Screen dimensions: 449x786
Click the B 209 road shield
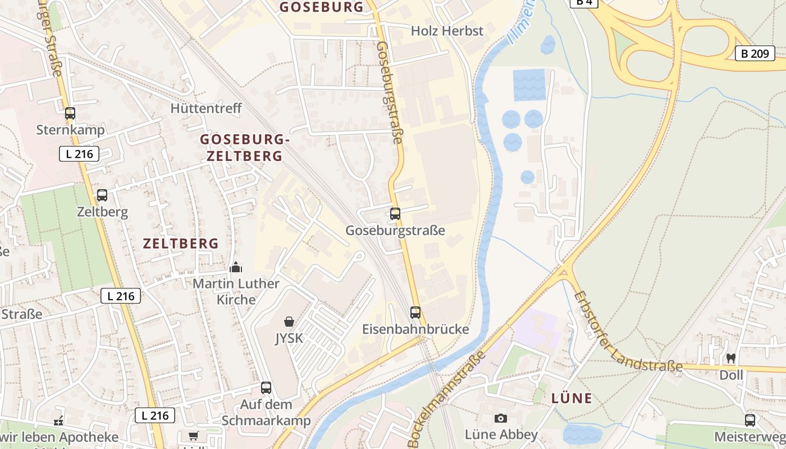755,54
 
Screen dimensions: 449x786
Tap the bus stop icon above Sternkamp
70,113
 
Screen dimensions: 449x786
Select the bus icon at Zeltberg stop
102,195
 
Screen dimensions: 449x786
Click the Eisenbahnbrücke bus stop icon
415,313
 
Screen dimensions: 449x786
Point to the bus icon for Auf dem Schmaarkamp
266,388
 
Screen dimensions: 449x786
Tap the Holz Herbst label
447,31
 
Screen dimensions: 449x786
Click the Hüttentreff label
206,108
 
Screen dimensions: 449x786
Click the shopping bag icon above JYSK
289,322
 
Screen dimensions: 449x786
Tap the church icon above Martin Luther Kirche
236,267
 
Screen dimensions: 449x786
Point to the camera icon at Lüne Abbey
501,418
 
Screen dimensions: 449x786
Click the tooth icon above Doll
731,358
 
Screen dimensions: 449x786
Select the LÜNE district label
572,398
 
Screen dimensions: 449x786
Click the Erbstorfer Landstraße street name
626,331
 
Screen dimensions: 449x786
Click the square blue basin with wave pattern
529,85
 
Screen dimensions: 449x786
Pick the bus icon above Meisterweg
750,420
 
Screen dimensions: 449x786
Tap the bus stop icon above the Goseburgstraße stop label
395,214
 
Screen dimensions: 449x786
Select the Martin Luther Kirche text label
236,291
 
